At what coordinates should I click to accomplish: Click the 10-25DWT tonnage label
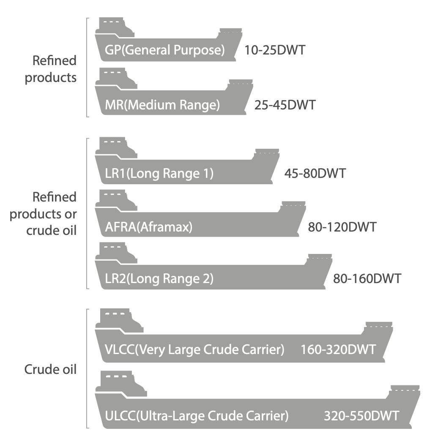tap(275, 50)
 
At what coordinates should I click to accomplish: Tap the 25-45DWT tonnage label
tap(285, 104)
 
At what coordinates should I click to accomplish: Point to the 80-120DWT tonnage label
tap(342, 227)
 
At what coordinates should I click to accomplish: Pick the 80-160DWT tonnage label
tap(367, 279)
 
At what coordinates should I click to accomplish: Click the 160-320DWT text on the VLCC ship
tap(338, 350)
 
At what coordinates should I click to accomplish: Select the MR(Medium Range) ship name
tap(162, 104)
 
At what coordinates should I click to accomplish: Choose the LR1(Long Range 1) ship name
tap(159, 174)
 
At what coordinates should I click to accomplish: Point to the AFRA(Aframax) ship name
tap(148, 227)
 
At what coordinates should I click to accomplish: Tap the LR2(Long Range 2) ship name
tap(159, 279)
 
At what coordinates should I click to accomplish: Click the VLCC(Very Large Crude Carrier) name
tap(194, 350)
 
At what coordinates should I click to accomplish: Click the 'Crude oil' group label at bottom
tap(50, 369)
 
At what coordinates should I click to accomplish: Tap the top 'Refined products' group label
tap(51, 69)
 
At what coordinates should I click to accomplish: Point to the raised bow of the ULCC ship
tap(405, 390)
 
